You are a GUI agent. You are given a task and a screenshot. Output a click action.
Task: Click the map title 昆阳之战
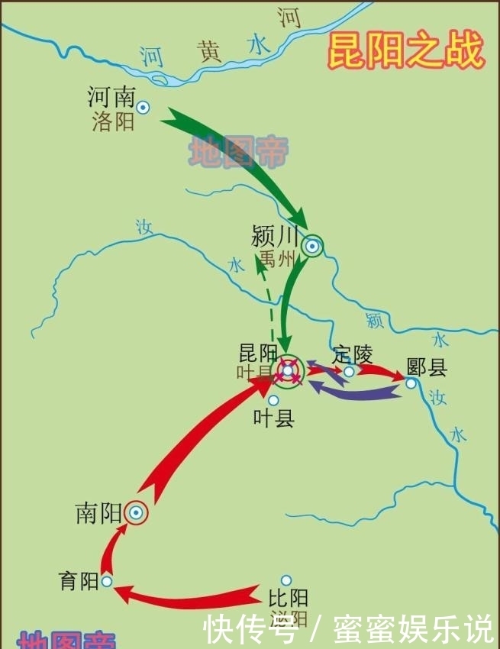(x=406, y=52)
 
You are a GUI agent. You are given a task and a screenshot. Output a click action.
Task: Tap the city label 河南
(x=111, y=97)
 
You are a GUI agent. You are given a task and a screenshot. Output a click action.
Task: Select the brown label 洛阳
(x=113, y=121)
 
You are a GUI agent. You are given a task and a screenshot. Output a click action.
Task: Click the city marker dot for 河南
(x=143, y=108)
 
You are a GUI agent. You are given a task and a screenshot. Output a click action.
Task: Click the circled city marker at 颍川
(x=311, y=246)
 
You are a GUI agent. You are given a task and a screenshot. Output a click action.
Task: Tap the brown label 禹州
(x=276, y=259)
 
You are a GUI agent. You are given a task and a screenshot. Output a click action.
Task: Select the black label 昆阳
(x=258, y=353)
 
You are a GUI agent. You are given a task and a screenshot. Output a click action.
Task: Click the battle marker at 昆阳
(x=287, y=372)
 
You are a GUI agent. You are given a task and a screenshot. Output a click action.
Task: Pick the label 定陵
(x=353, y=354)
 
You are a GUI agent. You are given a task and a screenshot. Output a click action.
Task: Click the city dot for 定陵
(x=349, y=372)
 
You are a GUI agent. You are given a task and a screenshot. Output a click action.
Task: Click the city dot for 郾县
(x=411, y=383)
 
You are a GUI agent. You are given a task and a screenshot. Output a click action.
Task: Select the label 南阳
(x=98, y=513)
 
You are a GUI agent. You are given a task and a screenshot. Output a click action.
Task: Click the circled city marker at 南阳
(x=136, y=514)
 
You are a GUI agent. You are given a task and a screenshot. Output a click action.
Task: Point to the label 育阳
(x=79, y=581)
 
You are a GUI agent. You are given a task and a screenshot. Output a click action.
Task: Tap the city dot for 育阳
(x=107, y=581)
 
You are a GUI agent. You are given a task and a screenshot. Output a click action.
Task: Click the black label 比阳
(x=288, y=598)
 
